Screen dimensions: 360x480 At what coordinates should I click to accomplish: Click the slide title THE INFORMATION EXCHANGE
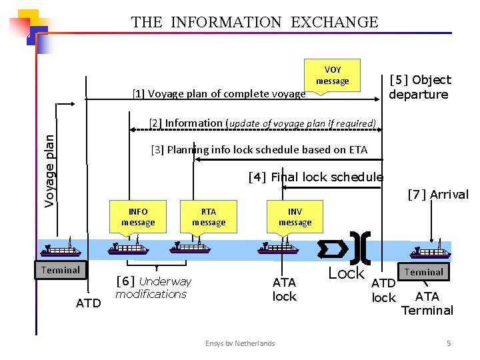(x=255, y=22)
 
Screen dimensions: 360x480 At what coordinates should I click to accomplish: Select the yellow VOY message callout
(x=332, y=75)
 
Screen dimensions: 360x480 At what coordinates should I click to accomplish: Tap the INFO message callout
(x=138, y=217)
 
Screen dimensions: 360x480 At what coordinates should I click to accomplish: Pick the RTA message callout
(x=209, y=217)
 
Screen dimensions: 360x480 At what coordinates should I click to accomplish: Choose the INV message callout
(x=295, y=217)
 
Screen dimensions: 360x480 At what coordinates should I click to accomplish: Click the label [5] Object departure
(x=419, y=87)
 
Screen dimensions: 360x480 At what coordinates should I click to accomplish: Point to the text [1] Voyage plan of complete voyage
(x=219, y=94)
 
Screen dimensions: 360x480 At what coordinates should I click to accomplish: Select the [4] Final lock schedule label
(x=315, y=177)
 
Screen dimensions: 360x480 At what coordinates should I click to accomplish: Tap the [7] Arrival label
(x=437, y=195)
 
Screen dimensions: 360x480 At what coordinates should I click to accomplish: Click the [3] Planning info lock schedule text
(x=259, y=149)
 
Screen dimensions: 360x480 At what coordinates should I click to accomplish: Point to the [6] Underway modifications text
(x=153, y=287)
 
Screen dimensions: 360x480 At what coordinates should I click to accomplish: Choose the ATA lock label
(x=285, y=289)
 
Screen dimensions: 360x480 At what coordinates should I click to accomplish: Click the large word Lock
(x=347, y=273)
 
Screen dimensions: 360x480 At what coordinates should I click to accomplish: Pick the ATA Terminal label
(x=427, y=303)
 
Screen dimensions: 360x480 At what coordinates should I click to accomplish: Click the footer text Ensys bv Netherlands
(x=240, y=343)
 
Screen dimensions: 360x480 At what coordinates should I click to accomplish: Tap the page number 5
(x=449, y=343)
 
